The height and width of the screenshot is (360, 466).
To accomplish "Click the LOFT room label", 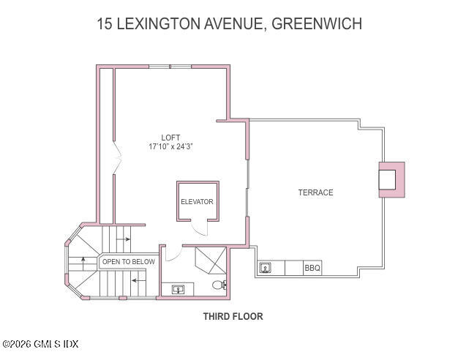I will click(x=170, y=138).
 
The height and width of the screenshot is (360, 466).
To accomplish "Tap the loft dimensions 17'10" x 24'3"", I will click(x=170, y=146).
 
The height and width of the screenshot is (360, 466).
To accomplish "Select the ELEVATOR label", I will click(x=197, y=201).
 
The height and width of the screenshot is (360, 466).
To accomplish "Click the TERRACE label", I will click(x=315, y=192).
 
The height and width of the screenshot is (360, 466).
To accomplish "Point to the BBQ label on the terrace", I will click(x=312, y=269).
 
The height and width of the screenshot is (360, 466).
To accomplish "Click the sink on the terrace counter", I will click(x=267, y=269).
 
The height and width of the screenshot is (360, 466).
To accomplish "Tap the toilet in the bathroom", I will click(x=218, y=285).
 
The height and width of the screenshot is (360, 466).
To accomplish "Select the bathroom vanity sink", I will click(x=178, y=289).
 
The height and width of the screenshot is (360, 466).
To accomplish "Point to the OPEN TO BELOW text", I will click(x=128, y=261).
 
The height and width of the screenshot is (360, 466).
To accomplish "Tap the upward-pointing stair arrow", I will click(x=83, y=260).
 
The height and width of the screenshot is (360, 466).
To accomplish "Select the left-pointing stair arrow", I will click(x=136, y=280).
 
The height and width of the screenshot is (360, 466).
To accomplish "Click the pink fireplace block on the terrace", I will click(x=391, y=179).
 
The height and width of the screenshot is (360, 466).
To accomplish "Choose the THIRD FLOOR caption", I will click(x=233, y=317).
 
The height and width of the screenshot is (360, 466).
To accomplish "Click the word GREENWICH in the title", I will click(x=317, y=23).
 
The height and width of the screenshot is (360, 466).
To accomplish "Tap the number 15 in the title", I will click(x=105, y=23).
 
